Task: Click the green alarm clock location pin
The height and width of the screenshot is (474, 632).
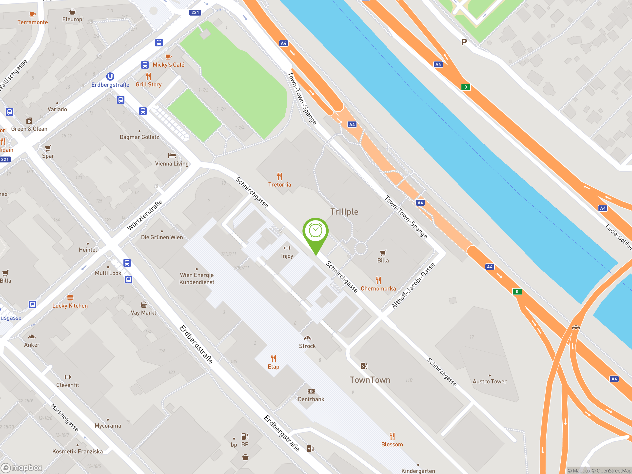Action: point(316,231)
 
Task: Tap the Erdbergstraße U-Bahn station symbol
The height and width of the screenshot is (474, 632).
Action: point(110,77)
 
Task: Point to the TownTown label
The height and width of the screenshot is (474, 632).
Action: point(370,380)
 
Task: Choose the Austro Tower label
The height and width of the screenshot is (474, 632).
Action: point(489,381)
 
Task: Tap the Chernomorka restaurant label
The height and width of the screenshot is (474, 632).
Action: point(378,289)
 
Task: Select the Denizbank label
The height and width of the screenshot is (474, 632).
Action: point(311,399)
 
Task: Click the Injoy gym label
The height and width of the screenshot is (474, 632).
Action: point(287,256)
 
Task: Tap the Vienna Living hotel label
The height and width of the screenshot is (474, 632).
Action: point(172,163)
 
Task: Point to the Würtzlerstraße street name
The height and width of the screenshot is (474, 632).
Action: point(145,215)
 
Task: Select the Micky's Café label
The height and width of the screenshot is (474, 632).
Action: point(168,65)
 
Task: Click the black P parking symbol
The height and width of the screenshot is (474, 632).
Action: point(464,42)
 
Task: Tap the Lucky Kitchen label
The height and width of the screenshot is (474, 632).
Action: point(70,306)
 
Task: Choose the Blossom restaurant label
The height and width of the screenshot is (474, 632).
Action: point(392,444)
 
